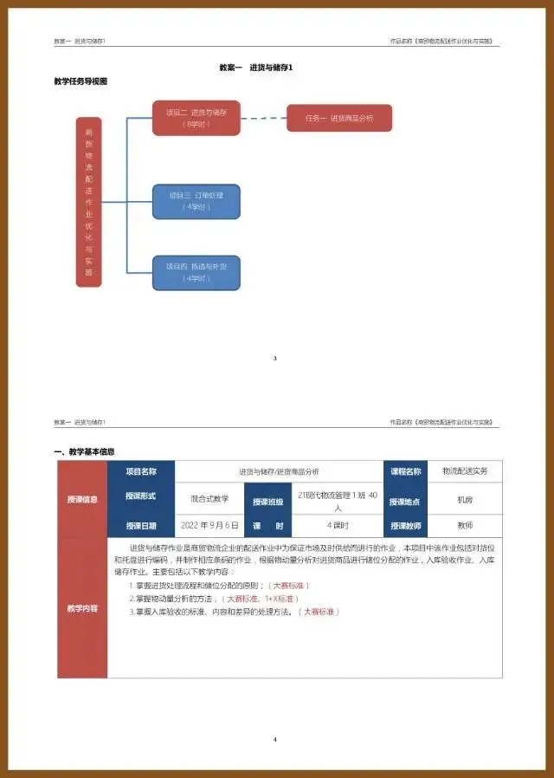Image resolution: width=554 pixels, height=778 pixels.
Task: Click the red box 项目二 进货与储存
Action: pyautogui.click(x=196, y=118)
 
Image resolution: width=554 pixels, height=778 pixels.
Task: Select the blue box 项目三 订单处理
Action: pyautogui.click(x=196, y=201)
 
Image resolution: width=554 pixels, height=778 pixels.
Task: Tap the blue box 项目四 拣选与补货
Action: pyautogui.click(x=196, y=272)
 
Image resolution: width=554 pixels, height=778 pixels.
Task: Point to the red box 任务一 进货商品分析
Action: pyautogui.click(x=339, y=118)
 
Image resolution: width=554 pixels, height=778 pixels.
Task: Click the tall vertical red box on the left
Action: pyautogui.click(x=88, y=202)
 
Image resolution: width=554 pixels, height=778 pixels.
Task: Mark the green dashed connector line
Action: pyautogui.click(x=263, y=118)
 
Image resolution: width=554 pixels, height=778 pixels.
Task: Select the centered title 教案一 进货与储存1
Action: pyautogui.click(x=274, y=67)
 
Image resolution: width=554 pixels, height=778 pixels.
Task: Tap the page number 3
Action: pyautogui.click(x=274, y=358)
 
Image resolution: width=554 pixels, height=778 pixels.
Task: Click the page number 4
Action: pyautogui.click(x=274, y=739)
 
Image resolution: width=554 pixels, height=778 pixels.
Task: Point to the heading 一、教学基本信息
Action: pyautogui.click(x=84, y=451)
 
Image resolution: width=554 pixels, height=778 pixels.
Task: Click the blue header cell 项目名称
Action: pyautogui.click(x=140, y=472)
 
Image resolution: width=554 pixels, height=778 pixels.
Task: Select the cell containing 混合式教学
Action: pyautogui.click(x=210, y=499)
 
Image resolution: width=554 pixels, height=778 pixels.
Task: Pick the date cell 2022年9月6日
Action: pyautogui.click(x=210, y=525)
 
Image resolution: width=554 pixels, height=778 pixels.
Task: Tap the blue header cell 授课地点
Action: pyautogui.click(x=404, y=501)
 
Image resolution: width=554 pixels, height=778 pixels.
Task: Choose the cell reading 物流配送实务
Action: pyautogui.click(x=465, y=471)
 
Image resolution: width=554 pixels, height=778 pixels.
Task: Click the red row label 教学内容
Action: pyautogui.click(x=82, y=608)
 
